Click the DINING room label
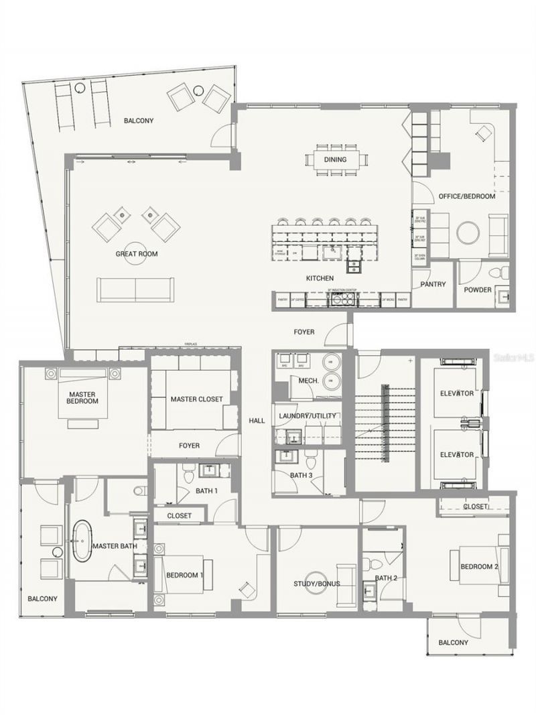[336, 159]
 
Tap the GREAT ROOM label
[137, 254]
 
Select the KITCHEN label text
[320, 277]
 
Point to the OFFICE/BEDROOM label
[467, 196]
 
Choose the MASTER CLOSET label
[196, 399]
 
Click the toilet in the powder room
[496, 272]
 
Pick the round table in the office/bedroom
[468, 233]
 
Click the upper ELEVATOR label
[457, 393]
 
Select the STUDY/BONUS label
[317, 584]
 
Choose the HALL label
[257, 421]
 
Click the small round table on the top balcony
[198, 89]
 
